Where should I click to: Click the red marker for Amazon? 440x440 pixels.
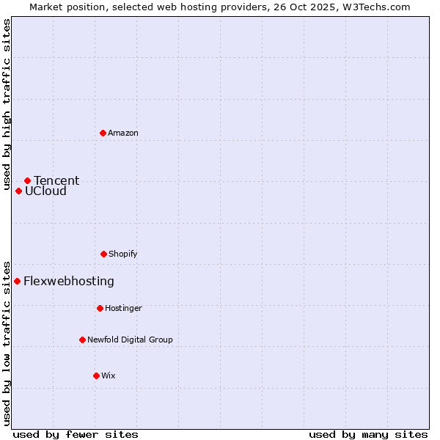pos(103,133)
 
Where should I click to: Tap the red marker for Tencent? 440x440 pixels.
pos(27,180)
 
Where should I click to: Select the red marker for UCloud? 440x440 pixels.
pos(18,191)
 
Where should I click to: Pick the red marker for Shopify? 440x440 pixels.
pos(103,254)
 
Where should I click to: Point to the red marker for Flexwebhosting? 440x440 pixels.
pos(17,281)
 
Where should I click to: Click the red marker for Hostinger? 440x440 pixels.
pos(100,308)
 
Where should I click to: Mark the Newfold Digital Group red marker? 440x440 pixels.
pos(82,340)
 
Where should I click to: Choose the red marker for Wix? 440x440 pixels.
pos(96,375)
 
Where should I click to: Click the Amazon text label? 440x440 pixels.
pos(123,133)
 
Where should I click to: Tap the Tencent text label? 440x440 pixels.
pos(56,180)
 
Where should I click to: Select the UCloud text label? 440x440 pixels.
pos(45,191)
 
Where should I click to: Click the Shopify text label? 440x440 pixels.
pos(123,254)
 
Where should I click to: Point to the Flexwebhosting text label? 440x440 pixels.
pos(69,281)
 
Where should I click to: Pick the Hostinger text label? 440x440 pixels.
pos(123,308)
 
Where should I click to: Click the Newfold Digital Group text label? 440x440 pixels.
pos(130,340)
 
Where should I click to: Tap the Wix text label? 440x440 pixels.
pos(109,375)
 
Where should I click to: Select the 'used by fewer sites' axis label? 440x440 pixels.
pos(76,434)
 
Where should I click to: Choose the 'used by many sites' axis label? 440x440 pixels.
pos(368,434)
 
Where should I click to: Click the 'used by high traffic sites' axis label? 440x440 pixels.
pos(7,104)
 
